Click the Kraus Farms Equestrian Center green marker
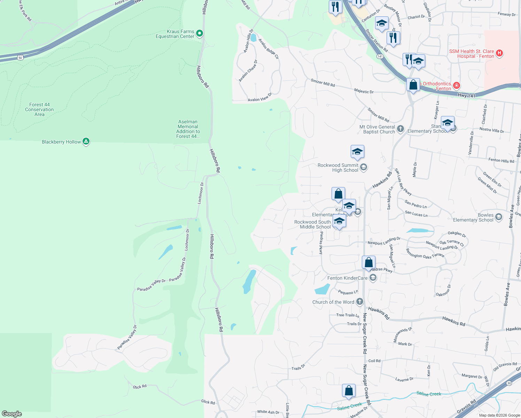[x=200, y=33]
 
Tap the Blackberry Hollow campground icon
[x=86, y=141]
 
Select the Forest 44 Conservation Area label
[x=39, y=109]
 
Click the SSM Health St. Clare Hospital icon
[x=499, y=53]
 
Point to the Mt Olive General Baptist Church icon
[x=401, y=129]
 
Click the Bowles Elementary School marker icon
[x=499, y=217]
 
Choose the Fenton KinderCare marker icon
[x=373, y=278]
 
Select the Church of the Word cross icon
[x=360, y=302]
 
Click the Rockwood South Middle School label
[x=312, y=224]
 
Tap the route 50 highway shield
[x=21, y=57]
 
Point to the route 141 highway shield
[x=380, y=56]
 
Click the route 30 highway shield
[x=509, y=383]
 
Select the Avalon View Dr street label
[x=260, y=98]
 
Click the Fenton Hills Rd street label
[x=501, y=160]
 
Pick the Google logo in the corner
[x=12, y=414]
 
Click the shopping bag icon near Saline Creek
[x=349, y=391]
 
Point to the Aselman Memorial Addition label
[x=188, y=129]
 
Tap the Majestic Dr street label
[x=364, y=91]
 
